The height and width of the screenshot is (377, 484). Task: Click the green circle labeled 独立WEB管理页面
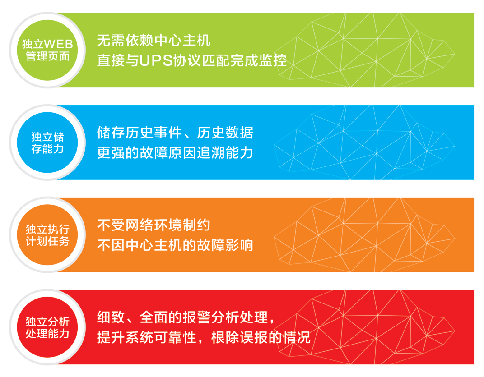coord(47,50)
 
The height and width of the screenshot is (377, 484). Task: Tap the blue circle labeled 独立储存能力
coord(47,143)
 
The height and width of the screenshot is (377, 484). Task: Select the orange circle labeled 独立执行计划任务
coord(47,235)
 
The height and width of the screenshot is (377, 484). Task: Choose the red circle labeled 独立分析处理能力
coord(47,327)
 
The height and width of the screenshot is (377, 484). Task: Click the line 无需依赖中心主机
coord(154,41)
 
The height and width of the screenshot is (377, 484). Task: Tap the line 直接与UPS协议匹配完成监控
coord(192,60)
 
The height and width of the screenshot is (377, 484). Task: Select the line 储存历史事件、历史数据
coord(175,133)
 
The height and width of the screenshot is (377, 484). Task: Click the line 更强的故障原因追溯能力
coord(175,153)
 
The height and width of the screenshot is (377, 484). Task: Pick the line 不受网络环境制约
coord(154,225)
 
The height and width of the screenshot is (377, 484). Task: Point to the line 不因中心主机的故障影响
coord(175,245)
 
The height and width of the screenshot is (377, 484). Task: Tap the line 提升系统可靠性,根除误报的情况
coord(204,337)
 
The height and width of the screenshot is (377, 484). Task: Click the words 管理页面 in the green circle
coord(47,56)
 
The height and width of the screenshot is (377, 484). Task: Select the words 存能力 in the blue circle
coord(47,149)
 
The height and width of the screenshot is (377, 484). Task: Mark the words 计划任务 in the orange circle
coord(47,241)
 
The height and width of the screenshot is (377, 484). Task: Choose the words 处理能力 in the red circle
coord(47,334)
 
